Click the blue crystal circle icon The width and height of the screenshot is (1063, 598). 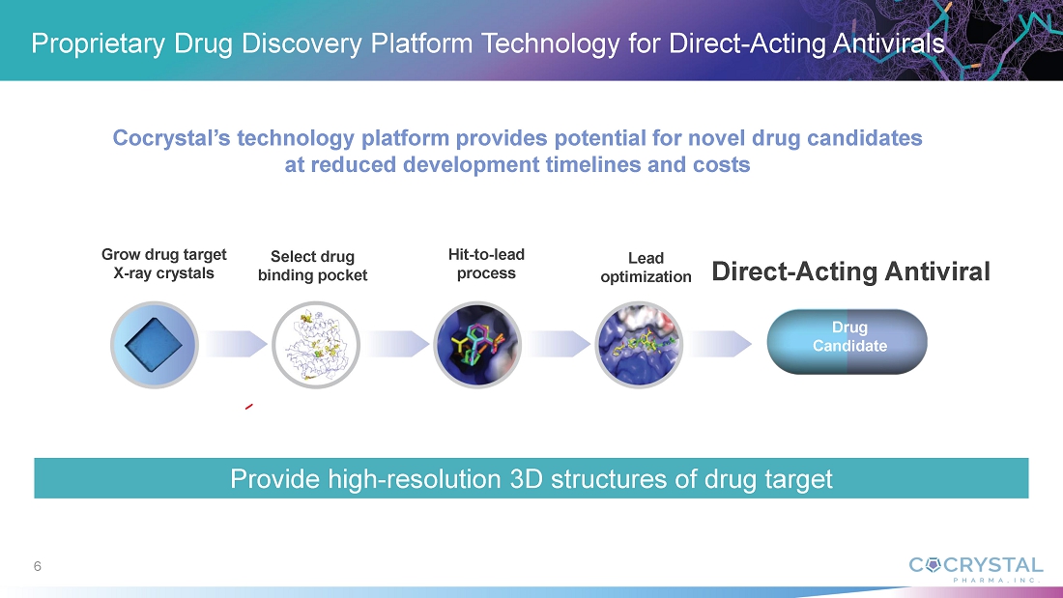pos(155,345)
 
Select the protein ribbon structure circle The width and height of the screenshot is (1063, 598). pos(316,345)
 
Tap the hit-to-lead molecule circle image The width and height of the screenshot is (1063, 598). pos(477,345)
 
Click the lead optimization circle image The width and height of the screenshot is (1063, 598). pos(639,345)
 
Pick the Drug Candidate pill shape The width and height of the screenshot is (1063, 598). pos(847,342)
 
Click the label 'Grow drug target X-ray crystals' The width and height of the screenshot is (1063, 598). pos(164,264)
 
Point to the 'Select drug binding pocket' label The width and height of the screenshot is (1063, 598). pos(312,266)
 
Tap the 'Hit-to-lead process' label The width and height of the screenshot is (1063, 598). pos(486,264)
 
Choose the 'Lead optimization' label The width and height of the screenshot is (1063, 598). pos(646,268)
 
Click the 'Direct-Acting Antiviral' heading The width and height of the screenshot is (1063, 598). pos(850,271)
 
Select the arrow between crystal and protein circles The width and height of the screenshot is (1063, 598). pos(235,344)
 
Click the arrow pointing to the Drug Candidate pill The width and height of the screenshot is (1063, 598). pos(721,344)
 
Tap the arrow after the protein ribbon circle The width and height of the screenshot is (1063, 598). pos(398,344)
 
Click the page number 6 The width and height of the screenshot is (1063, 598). pos(38,566)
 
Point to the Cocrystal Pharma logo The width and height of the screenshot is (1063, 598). pos(976,569)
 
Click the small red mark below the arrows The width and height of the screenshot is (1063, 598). pos(248,407)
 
